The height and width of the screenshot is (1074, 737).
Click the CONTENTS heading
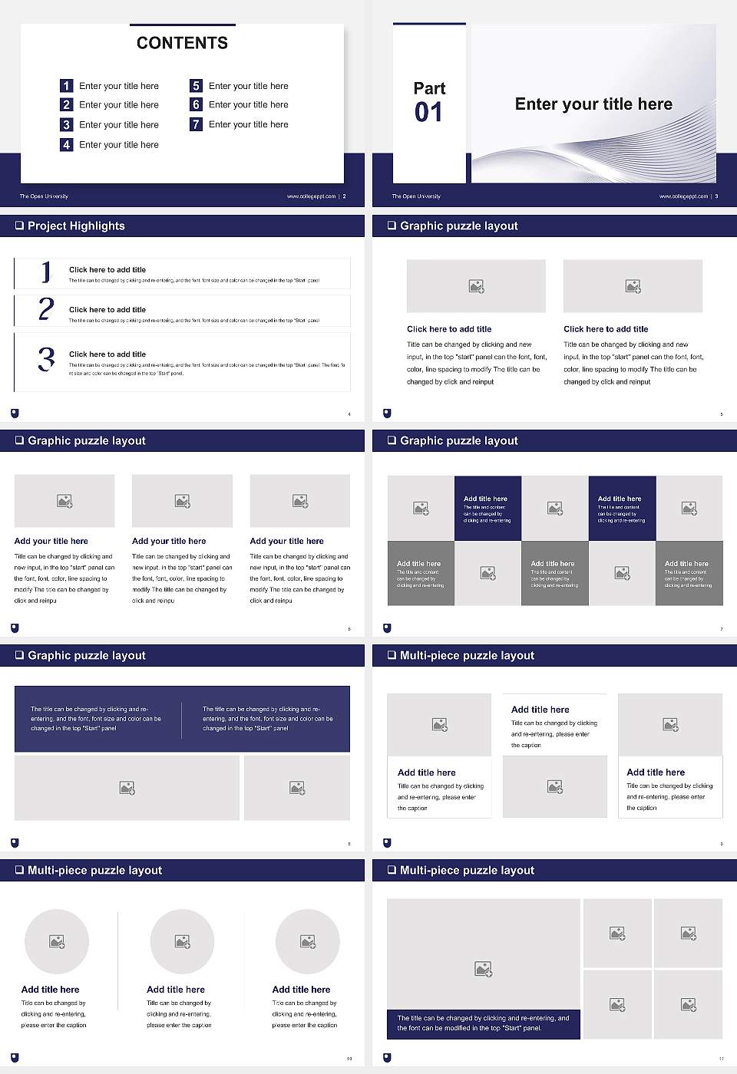click(x=182, y=43)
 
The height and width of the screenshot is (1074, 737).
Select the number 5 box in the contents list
click(x=196, y=86)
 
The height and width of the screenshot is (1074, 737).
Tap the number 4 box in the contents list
click(x=67, y=144)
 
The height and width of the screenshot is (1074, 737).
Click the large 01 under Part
click(x=428, y=113)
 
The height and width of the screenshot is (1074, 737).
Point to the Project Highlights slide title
click(x=75, y=226)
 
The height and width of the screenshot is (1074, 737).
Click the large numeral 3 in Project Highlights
click(x=46, y=359)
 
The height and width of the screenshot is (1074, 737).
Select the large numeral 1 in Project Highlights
click(x=46, y=272)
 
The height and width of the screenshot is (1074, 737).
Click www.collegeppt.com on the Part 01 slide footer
click(x=682, y=196)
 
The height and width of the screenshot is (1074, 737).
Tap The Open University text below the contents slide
click(x=44, y=196)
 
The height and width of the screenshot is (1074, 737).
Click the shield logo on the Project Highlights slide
click(x=15, y=413)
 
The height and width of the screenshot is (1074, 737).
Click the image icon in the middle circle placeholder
click(x=182, y=941)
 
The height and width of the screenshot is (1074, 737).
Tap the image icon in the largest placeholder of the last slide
click(x=483, y=970)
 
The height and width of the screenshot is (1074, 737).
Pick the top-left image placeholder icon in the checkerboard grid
click(x=421, y=508)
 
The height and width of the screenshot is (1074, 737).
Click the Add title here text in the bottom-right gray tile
click(x=686, y=564)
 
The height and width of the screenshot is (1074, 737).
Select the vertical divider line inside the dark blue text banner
click(x=182, y=720)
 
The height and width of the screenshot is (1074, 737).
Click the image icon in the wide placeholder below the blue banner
click(x=127, y=788)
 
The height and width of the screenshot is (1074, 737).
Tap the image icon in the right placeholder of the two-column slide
click(x=633, y=286)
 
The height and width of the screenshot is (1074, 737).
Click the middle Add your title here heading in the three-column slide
click(x=169, y=541)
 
